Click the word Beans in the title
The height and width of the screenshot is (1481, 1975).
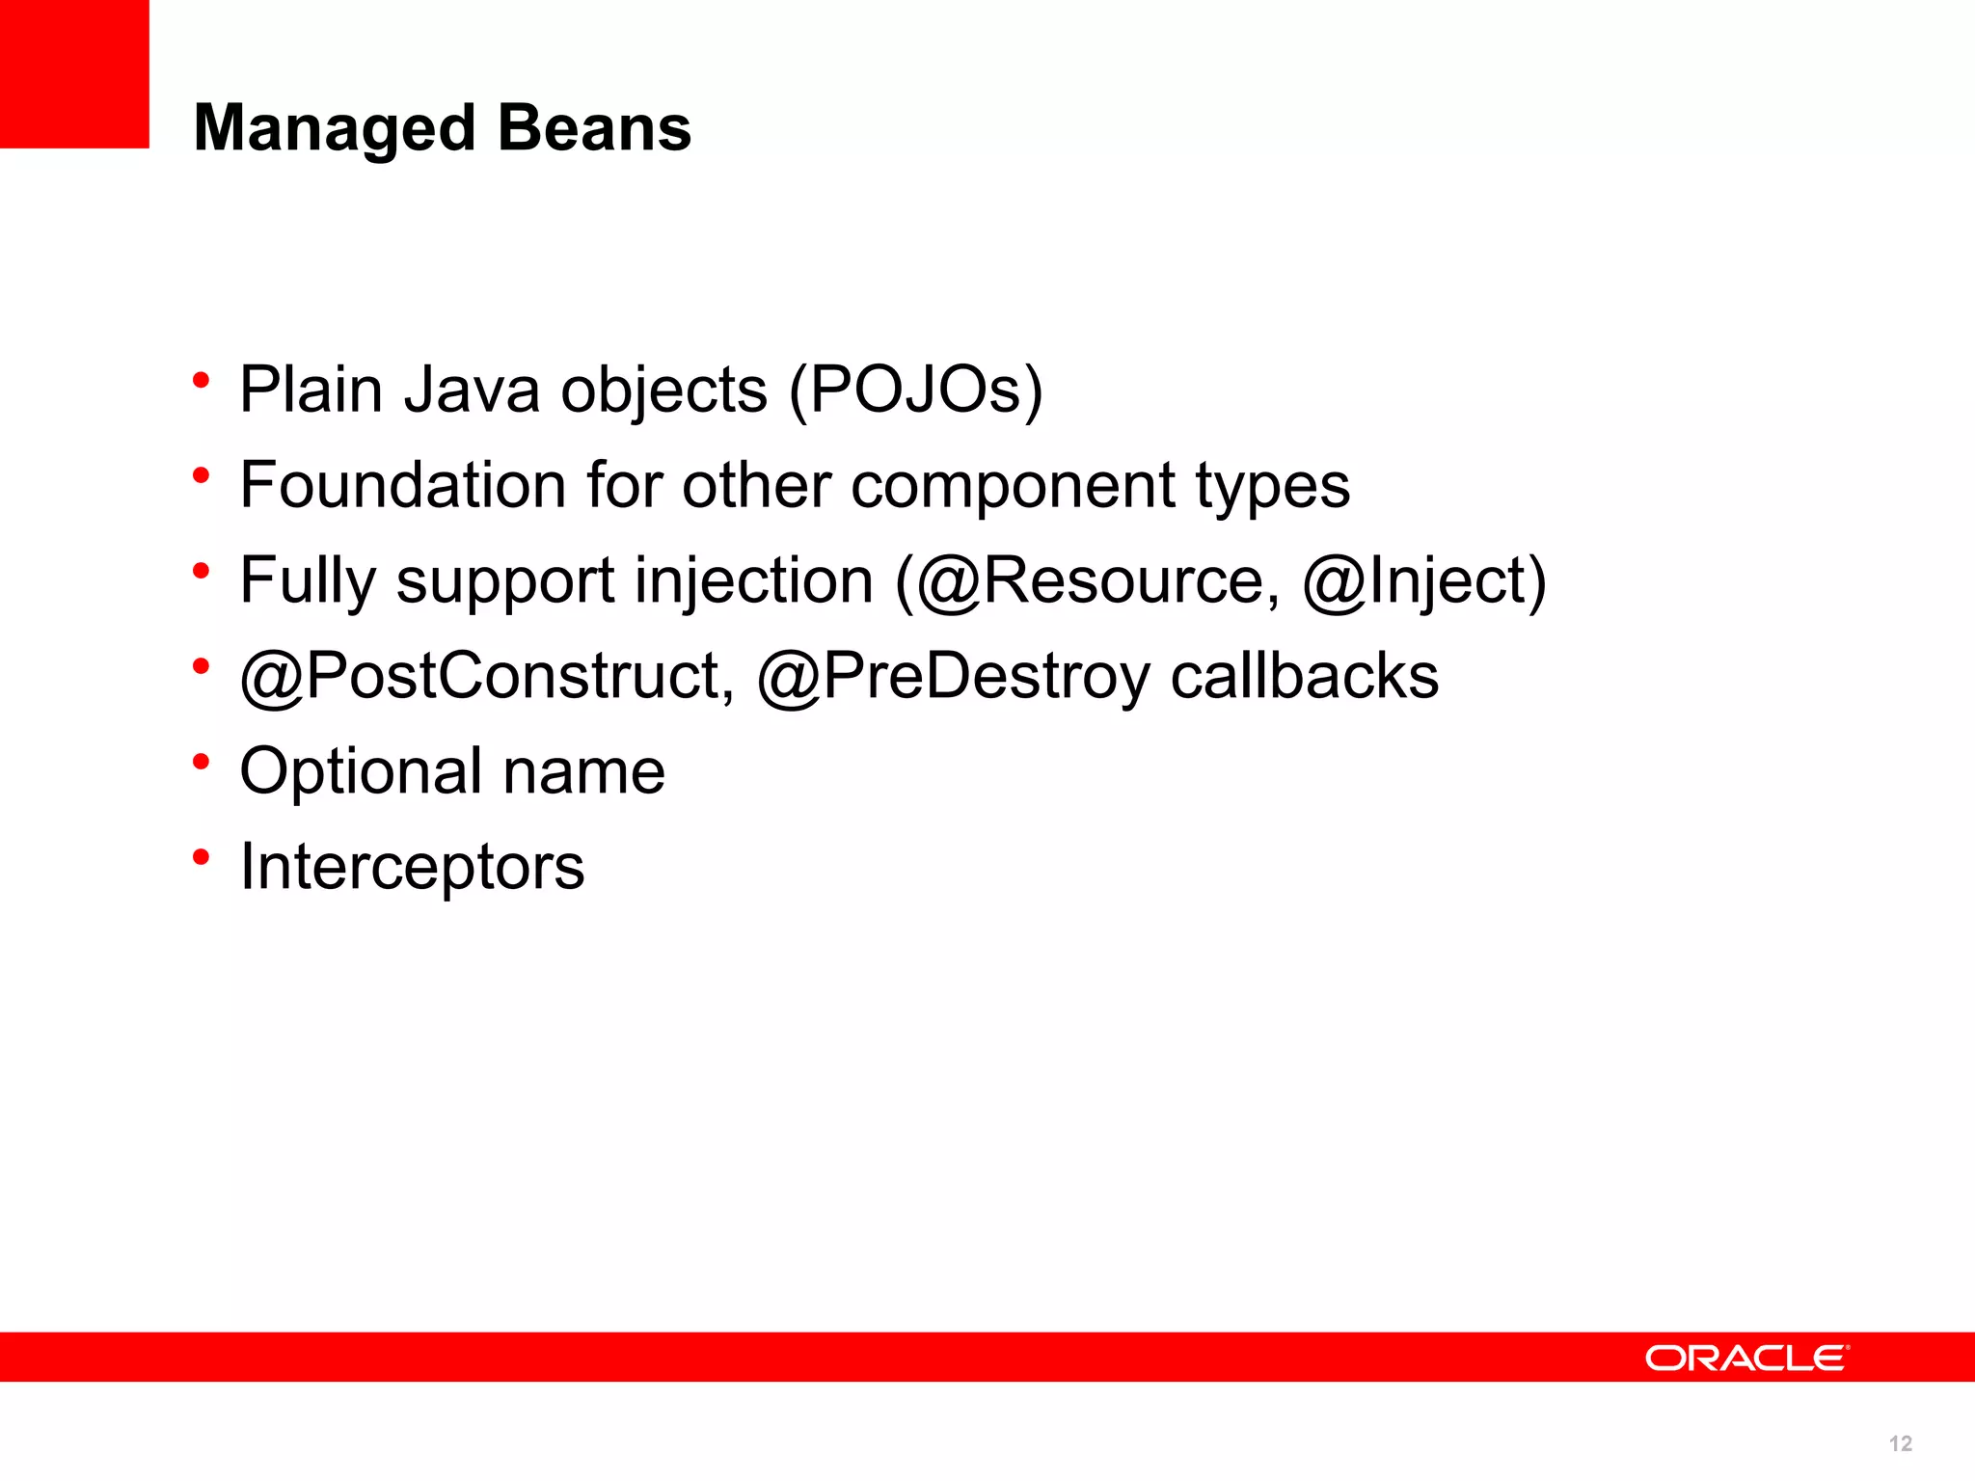(595, 128)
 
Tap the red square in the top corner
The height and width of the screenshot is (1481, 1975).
(74, 73)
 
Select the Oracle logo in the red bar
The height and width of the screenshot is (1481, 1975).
(1746, 1358)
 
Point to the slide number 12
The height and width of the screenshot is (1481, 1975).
(1900, 1443)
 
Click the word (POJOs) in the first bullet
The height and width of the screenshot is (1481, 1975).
(915, 390)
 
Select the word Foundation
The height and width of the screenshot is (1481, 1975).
(402, 484)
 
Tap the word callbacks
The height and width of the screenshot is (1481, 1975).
(1304, 675)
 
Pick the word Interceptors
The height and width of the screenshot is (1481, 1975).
(412, 866)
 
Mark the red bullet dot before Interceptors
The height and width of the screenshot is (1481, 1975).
(201, 855)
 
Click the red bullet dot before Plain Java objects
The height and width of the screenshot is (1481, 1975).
(201, 379)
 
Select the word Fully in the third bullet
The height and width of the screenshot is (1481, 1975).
(308, 580)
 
